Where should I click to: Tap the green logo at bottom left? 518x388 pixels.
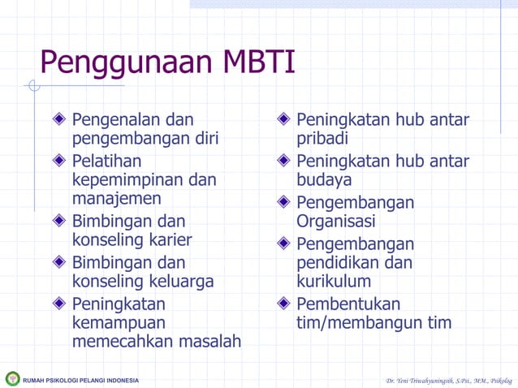pos(12,378)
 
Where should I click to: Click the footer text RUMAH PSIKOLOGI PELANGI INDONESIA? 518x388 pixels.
pos(81,380)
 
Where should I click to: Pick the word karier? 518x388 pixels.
pos(166,240)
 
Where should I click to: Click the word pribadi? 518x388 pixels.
pos(322,139)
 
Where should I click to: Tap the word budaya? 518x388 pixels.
pos(324,179)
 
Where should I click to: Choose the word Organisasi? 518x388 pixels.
pos(336,221)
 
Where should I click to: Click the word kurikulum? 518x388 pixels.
pos(334,282)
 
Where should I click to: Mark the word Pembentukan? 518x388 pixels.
pos(348,304)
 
